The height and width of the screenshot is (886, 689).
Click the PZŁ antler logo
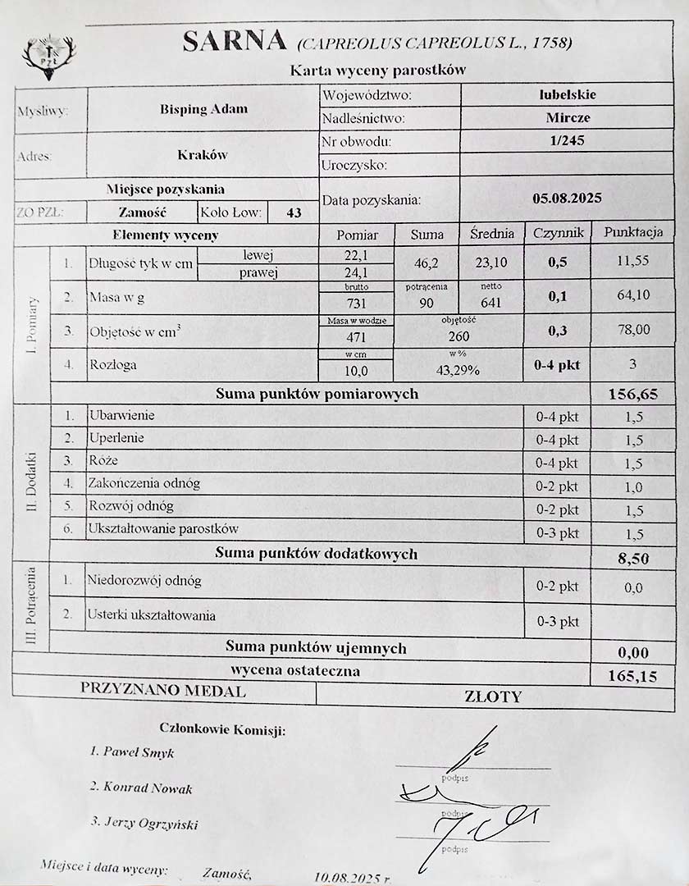click(48, 56)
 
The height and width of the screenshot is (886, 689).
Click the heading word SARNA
click(234, 40)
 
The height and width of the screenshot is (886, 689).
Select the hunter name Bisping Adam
click(203, 109)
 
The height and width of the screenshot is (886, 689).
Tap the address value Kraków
click(203, 154)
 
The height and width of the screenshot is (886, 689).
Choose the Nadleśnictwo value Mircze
click(568, 117)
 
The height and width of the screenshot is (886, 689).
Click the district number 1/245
click(568, 140)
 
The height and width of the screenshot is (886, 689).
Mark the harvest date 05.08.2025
click(567, 198)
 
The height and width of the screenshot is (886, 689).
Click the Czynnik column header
click(558, 233)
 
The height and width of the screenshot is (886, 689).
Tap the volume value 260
click(459, 336)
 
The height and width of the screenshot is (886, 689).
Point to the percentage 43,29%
click(458, 370)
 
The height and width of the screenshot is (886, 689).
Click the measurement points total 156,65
click(632, 394)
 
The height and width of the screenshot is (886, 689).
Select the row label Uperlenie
click(116, 438)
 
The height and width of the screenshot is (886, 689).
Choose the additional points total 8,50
click(632, 559)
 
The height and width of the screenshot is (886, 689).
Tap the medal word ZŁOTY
click(493, 697)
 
